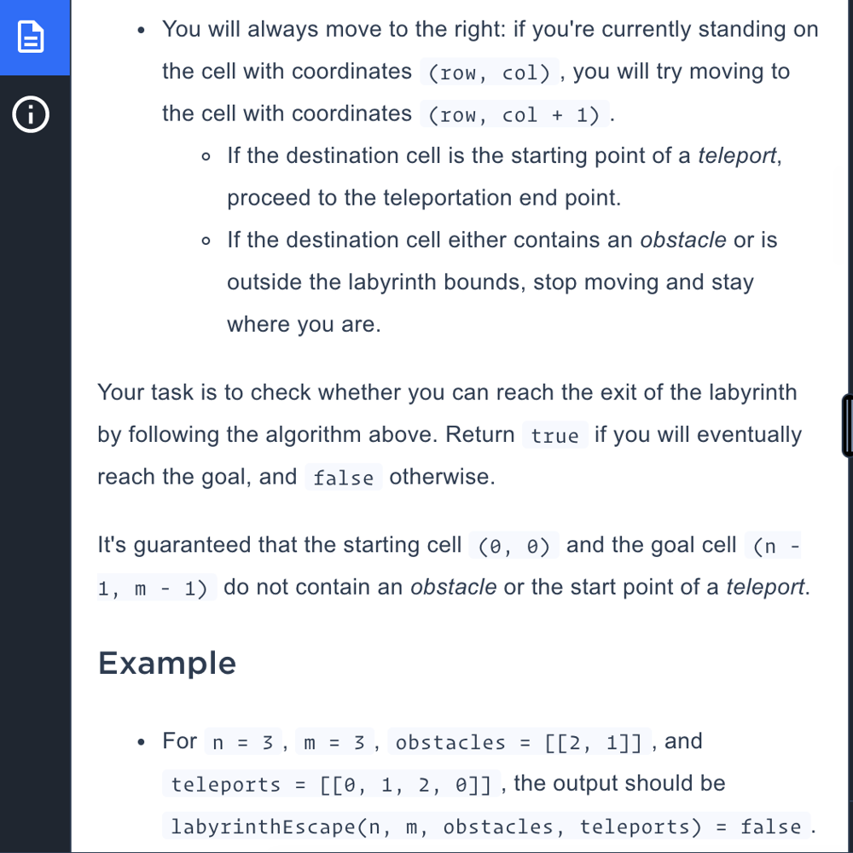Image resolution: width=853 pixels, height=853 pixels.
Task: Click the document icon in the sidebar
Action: pyautogui.click(x=32, y=38)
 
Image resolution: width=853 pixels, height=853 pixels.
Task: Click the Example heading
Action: pyautogui.click(x=167, y=663)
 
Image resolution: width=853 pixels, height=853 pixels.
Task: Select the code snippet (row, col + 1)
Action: pyautogui.click(x=515, y=115)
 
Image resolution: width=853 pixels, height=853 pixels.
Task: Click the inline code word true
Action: pyautogui.click(x=554, y=436)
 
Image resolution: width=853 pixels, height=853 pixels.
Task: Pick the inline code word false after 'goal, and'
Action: pyautogui.click(x=343, y=479)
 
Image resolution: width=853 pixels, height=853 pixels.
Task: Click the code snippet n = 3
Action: pyautogui.click(x=243, y=743)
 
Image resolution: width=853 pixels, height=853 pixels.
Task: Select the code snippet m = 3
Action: pyautogui.click(x=334, y=743)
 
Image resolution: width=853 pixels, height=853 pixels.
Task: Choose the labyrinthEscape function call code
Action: pyautogui.click(x=486, y=827)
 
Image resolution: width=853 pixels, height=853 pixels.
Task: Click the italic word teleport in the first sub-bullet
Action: pyautogui.click(x=737, y=156)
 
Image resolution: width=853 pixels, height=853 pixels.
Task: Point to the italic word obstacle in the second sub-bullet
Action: pyautogui.click(x=683, y=241)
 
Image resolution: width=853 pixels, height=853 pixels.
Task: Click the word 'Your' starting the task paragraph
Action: pyautogui.click(x=120, y=392)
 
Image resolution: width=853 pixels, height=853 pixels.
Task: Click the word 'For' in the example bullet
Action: pyautogui.click(x=180, y=741)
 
